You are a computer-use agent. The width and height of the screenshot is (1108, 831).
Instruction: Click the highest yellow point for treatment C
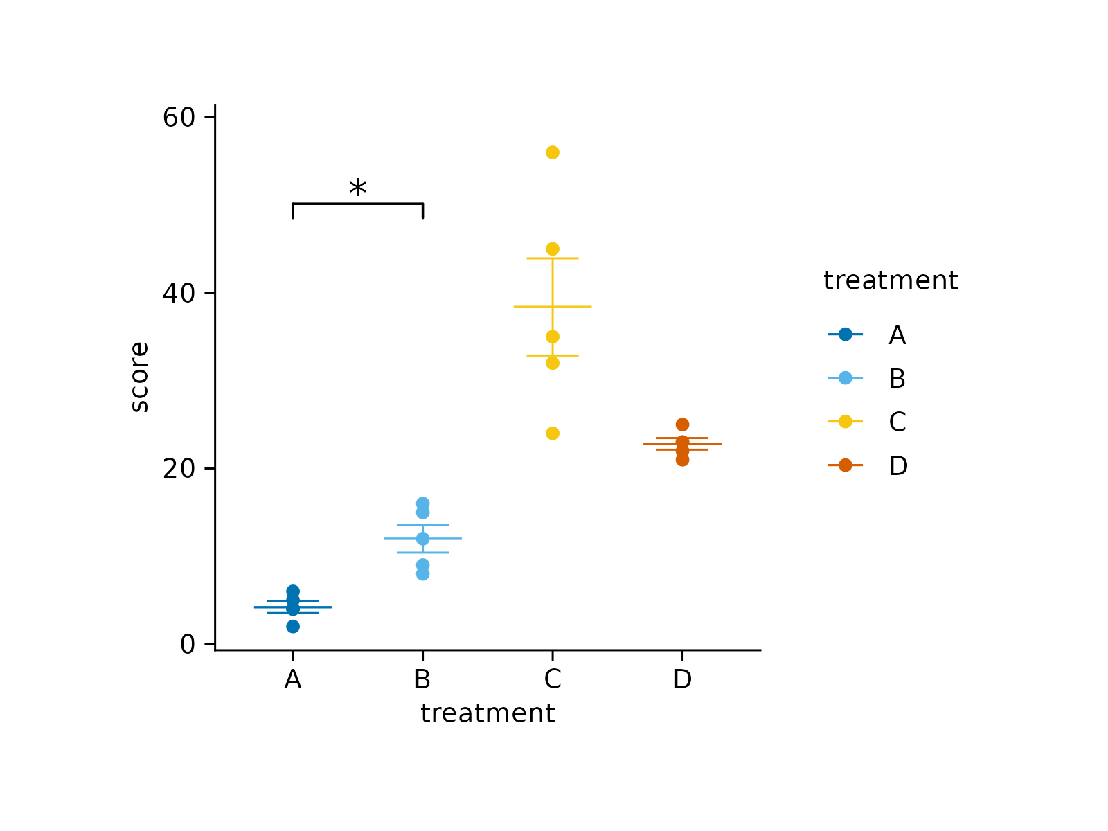click(553, 152)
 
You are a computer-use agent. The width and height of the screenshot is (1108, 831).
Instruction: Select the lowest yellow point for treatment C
click(553, 434)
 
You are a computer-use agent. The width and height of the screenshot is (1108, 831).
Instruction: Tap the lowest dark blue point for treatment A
click(293, 627)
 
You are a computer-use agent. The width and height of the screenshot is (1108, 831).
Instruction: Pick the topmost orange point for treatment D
click(682, 425)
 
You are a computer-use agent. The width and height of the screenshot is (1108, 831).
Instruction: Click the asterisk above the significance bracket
click(357, 188)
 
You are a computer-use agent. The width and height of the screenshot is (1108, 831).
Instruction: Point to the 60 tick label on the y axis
click(179, 118)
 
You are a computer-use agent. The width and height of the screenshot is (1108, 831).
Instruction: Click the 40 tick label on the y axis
click(179, 293)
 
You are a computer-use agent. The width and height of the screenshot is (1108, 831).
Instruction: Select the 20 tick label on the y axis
click(179, 469)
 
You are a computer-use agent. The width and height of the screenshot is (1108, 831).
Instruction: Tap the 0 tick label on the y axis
click(188, 645)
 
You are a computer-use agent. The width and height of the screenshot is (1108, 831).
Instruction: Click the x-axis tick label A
click(293, 680)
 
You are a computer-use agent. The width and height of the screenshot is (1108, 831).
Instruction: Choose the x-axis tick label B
click(422, 680)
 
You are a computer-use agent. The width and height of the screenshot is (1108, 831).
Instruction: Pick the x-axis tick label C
click(553, 680)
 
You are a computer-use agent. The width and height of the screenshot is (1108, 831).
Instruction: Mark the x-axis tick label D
click(682, 680)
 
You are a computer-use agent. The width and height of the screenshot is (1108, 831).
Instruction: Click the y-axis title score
click(140, 377)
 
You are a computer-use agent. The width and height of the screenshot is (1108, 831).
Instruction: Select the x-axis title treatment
click(488, 713)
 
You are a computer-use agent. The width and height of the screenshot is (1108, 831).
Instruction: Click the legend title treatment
click(891, 280)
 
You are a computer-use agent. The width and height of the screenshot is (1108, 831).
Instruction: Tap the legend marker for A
click(846, 334)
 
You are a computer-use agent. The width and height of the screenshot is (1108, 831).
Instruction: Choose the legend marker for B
click(846, 378)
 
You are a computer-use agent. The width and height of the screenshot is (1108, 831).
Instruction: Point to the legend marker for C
click(846, 421)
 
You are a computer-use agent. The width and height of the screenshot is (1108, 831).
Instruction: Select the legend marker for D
click(846, 465)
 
